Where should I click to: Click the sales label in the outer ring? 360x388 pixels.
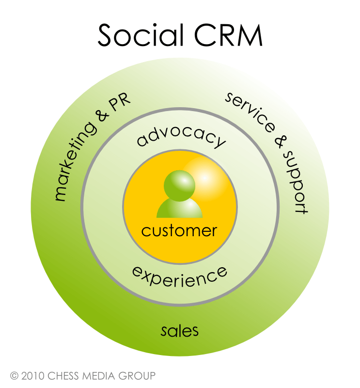tap(180, 331)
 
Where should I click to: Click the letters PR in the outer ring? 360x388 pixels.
tap(121, 101)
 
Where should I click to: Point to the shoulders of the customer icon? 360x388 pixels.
tap(179, 209)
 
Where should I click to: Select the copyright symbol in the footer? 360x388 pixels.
tap(14, 376)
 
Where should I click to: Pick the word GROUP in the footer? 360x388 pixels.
tap(138, 376)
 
